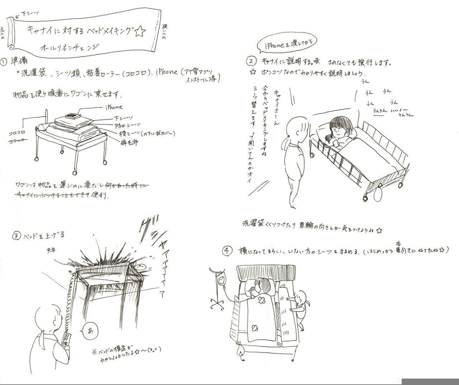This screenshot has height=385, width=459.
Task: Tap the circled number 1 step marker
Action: click(4, 61)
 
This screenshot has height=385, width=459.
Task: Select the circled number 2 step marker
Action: click(252, 62)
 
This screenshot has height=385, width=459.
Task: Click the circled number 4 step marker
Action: click(226, 251)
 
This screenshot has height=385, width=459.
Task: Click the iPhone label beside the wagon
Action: click(114, 107)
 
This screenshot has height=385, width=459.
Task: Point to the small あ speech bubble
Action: click(85, 328)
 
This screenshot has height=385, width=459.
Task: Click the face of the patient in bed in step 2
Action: click(337, 132)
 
